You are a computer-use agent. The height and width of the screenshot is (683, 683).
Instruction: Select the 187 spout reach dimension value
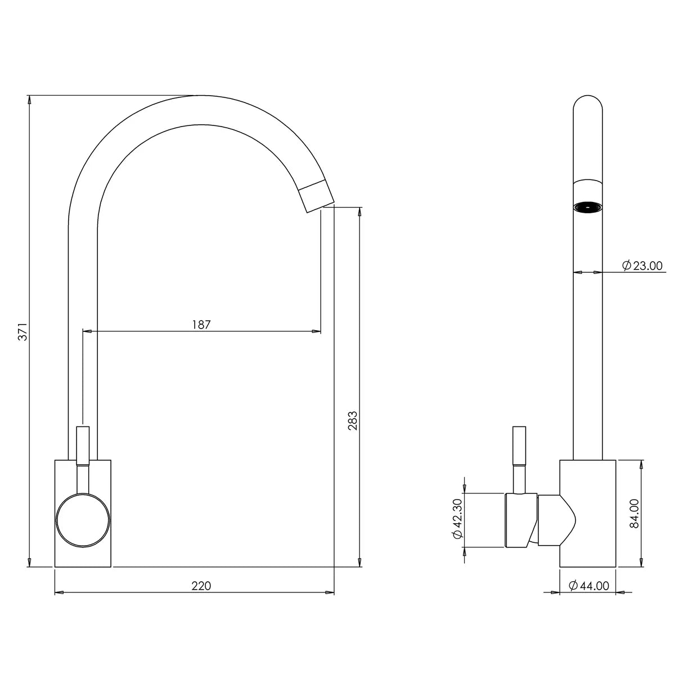(201, 325)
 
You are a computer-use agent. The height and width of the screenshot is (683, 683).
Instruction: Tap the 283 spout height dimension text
(353, 420)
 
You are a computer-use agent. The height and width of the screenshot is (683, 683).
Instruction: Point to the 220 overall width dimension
(201, 586)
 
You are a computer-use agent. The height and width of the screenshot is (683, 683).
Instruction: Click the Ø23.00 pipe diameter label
(642, 266)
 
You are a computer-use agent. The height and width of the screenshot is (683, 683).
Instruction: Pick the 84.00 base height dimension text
(633, 513)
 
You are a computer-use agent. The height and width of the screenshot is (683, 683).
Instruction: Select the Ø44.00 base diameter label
(588, 586)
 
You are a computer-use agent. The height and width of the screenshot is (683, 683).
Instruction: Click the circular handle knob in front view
(83, 520)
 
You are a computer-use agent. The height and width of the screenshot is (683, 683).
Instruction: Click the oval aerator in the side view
(587, 208)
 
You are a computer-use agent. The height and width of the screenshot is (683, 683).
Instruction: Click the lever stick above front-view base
(83, 444)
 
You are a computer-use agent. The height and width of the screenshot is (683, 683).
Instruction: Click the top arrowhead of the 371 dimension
(29, 100)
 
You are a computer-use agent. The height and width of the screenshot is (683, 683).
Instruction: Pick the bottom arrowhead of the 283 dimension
(360, 562)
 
